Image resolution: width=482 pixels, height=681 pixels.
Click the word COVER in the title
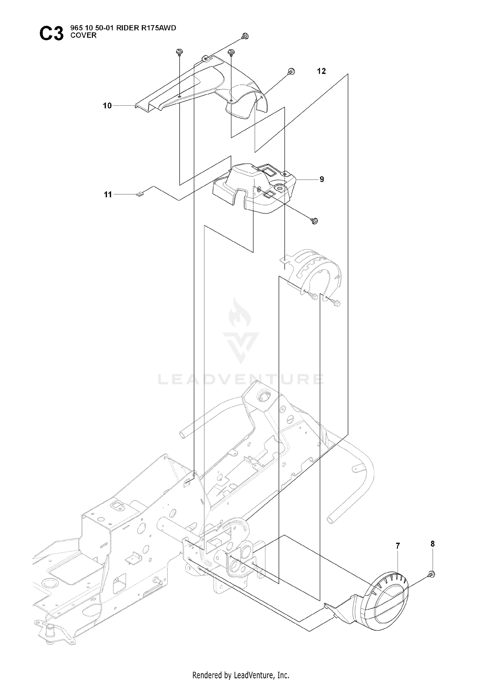[x=84, y=35]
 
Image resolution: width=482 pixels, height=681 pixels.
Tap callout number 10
[x=107, y=105]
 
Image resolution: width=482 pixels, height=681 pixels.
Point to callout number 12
[x=321, y=71]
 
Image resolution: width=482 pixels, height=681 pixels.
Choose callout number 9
[x=322, y=179]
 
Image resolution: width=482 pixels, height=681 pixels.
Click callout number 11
[x=108, y=194]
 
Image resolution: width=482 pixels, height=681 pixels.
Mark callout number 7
[x=398, y=546]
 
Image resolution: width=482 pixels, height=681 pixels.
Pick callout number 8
[x=433, y=544]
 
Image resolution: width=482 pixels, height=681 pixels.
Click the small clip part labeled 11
[x=140, y=194]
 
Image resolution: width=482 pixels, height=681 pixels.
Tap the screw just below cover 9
[x=314, y=220]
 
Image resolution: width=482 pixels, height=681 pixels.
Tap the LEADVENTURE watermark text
[x=241, y=379]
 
